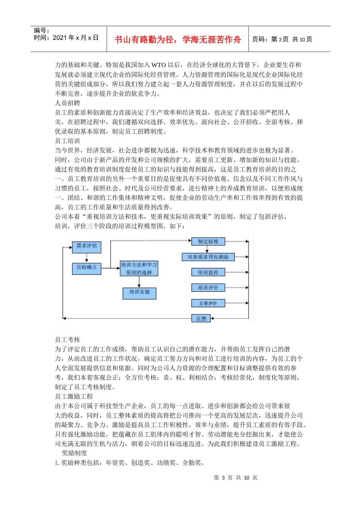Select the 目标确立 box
coord(87,268)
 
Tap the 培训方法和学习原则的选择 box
coord(139,268)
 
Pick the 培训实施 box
coord(139,292)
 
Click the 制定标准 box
coord(208,241)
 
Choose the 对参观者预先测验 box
coord(208,257)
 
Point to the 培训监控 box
coord(208,272)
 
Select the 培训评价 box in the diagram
coord(208,288)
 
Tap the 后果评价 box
coord(208,303)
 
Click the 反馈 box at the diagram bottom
coord(201,319)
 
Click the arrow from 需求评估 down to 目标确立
coord(87,258)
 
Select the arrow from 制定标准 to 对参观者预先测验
coord(207,249)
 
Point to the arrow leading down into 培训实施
coord(139,282)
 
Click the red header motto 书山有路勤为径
coord(177,40)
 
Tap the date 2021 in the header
coord(60,38)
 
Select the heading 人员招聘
coord(67,103)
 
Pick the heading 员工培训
coord(67,141)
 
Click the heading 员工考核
coord(67,340)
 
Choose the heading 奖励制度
coord(74,453)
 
